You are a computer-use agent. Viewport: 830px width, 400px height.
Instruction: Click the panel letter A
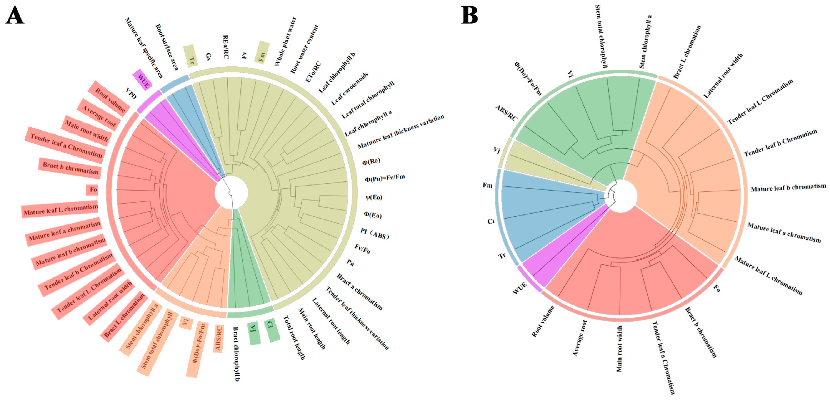pyautogui.click(x=15, y=15)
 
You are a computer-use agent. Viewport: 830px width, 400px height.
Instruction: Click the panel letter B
pyautogui.click(x=469, y=15)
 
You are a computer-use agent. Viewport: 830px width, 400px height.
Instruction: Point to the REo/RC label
pyautogui.click(x=226, y=47)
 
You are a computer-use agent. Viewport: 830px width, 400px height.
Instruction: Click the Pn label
pyautogui.click(x=350, y=263)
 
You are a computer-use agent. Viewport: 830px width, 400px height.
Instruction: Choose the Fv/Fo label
pyautogui.click(x=362, y=248)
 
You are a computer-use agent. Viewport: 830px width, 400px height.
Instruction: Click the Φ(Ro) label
pyautogui.click(x=371, y=161)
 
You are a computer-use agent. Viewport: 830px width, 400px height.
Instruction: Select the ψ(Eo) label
pyautogui.click(x=374, y=197)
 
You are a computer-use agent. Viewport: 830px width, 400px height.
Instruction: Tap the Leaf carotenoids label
pyautogui.click(x=350, y=89)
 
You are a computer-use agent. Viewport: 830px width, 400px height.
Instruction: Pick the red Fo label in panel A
pyautogui.click(x=93, y=189)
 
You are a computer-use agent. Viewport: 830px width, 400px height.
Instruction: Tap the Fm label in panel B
pyautogui.click(x=487, y=185)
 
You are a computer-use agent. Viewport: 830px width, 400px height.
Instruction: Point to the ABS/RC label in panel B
pyautogui.click(x=506, y=113)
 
